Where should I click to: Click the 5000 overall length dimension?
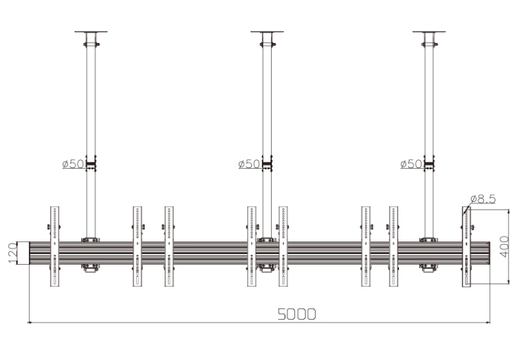click(x=295, y=313)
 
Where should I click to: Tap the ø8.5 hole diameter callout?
click(x=482, y=200)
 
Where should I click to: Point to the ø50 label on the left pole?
click(x=73, y=164)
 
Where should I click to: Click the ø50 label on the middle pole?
click(x=249, y=164)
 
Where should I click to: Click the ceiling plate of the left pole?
click(x=91, y=32)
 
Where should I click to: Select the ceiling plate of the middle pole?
click(x=268, y=32)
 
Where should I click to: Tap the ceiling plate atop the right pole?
click(x=429, y=32)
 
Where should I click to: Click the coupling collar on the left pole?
click(x=91, y=166)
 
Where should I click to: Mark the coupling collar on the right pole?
click(x=429, y=166)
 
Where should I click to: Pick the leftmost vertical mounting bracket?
click(x=54, y=246)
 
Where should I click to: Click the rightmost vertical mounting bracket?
click(x=466, y=246)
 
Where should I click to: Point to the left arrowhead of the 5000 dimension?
click(x=30, y=322)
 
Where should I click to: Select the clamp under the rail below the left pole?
click(x=91, y=268)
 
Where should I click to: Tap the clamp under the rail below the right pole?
click(x=429, y=268)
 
